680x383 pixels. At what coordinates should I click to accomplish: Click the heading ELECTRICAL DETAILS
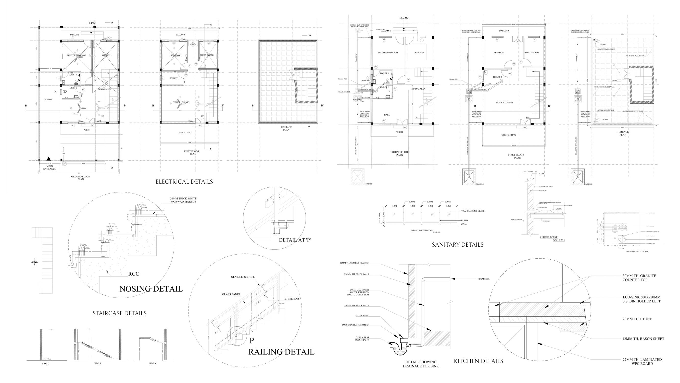(x=184, y=182)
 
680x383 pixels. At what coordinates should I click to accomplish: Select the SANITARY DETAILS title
(x=458, y=245)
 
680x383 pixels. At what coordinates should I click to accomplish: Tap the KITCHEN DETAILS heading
(x=478, y=361)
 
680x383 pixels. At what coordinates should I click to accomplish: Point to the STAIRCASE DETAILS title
(x=119, y=313)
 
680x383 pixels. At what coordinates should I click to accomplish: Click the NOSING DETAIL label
(x=151, y=289)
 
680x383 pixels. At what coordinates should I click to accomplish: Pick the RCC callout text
(x=134, y=274)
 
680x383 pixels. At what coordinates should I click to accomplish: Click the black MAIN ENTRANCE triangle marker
(x=48, y=159)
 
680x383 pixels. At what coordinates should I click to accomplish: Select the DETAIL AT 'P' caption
(x=295, y=240)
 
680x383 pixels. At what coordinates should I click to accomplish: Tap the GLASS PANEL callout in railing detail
(x=231, y=294)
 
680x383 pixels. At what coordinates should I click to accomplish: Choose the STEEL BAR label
(x=292, y=299)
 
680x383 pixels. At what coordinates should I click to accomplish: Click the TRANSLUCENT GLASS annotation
(x=473, y=211)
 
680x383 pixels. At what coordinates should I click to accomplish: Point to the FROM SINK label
(x=483, y=279)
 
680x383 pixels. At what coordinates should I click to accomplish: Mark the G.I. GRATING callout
(x=362, y=316)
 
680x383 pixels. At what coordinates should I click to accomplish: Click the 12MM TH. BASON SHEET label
(x=643, y=339)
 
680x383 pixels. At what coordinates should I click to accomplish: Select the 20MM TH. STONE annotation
(x=637, y=319)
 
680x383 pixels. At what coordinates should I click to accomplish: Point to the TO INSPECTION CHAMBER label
(x=355, y=325)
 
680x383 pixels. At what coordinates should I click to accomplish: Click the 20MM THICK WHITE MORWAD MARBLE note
(x=183, y=200)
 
